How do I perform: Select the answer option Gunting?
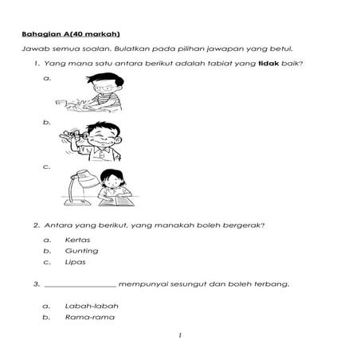tap(82, 250)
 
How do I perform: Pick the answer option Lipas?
tap(76, 261)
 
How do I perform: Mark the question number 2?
tap(36, 224)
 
